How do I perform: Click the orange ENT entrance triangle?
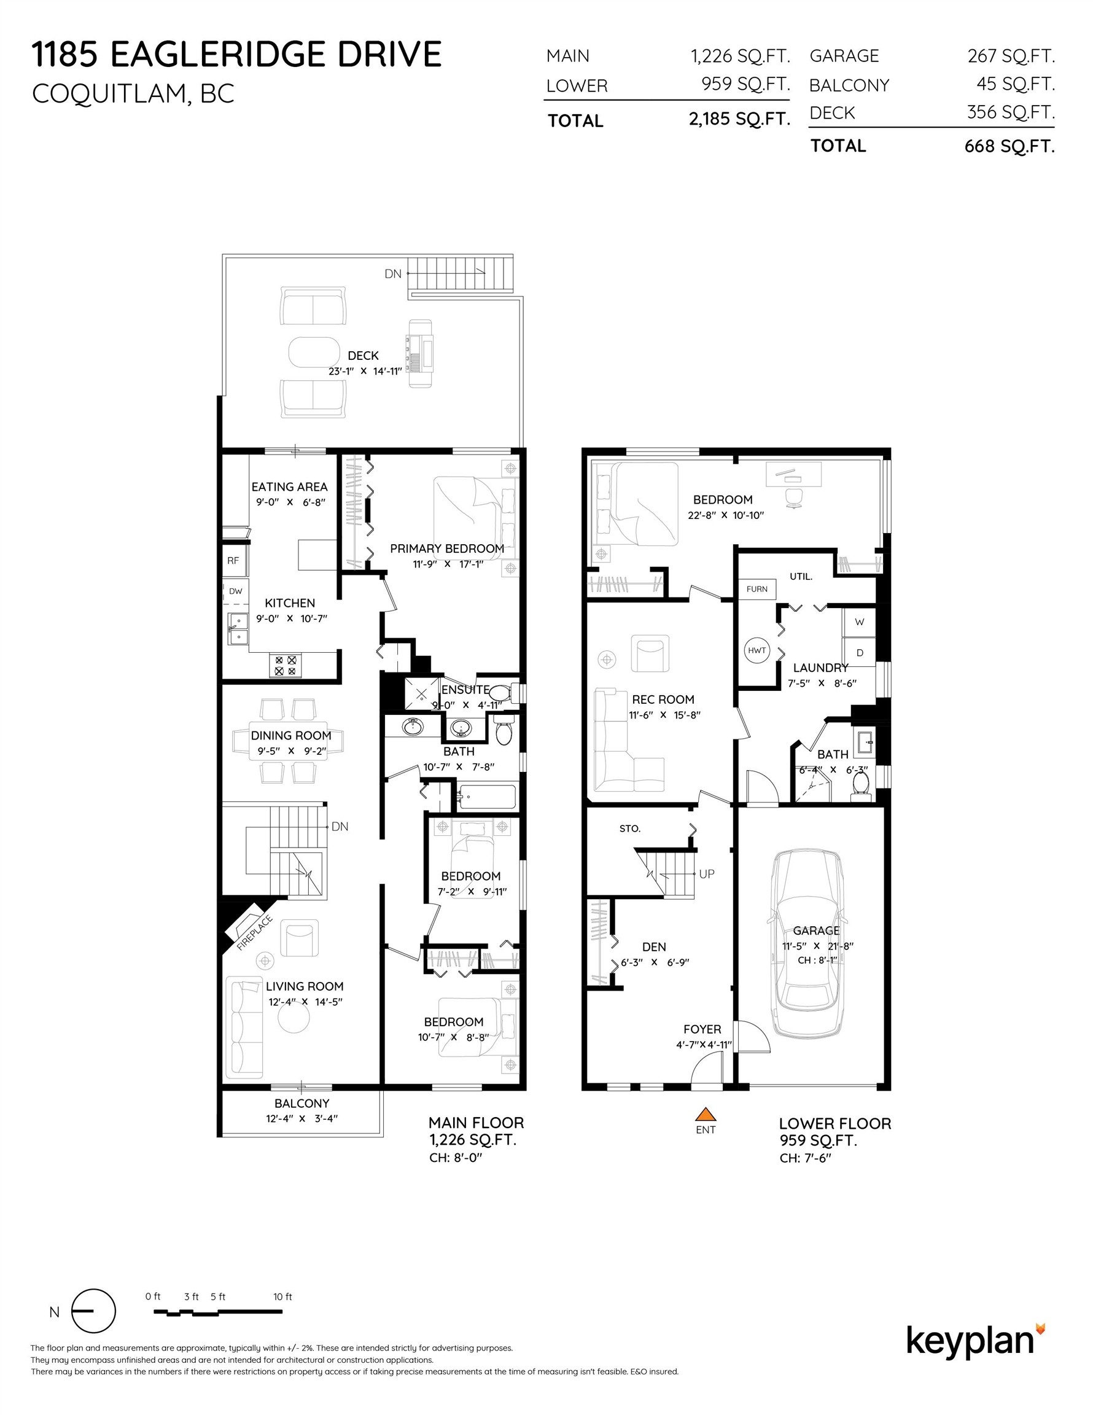click(705, 1113)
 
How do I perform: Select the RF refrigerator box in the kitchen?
click(233, 561)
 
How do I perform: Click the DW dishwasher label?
click(235, 591)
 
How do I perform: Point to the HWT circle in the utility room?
click(756, 650)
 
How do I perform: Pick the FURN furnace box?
click(756, 589)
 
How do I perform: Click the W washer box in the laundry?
click(859, 622)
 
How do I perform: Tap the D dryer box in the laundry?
click(859, 652)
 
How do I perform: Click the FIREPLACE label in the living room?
click(254, 934)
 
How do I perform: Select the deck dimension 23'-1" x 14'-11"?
click(365, 371)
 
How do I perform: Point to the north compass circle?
click(93, 1311)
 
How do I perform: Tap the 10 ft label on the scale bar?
click(282, 1296)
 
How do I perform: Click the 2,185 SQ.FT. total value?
click(739, 119)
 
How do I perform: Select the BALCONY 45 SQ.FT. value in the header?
click(1015, 84)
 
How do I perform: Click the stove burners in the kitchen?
click(286, 665)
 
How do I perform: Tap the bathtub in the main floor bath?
click(486, 797)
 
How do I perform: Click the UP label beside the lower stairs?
click(707, 873)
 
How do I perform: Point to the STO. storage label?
click(629, 828)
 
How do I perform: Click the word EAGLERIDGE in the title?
click(219, 55)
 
